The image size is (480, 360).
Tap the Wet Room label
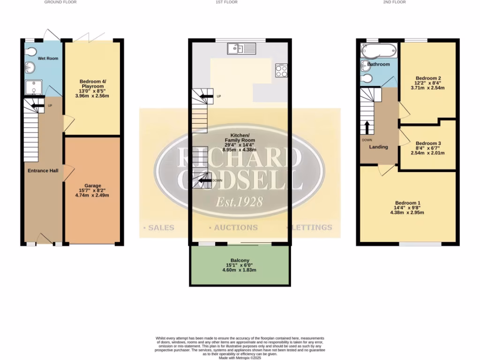[x=48, y=59]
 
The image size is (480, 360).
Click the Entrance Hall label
[x=43, y=171]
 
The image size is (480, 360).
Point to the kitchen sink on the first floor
[x=241, y=48]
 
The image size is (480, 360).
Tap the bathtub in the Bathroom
[x=379, y=50]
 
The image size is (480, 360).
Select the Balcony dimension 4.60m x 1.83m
[x=240, y=270]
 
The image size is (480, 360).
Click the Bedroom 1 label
[x=407, y=202]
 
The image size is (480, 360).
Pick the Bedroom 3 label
[x=428, y=143]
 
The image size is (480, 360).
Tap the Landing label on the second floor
[x=378, y=147]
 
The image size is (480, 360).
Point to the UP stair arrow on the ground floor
[x=34, y=106]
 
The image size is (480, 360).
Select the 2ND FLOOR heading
[x=394, y=2]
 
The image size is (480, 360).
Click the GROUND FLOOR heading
[x=60, y=2]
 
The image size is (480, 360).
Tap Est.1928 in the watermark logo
[x=239, y=202]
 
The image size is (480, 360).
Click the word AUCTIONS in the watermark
[x=236, y=227]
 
